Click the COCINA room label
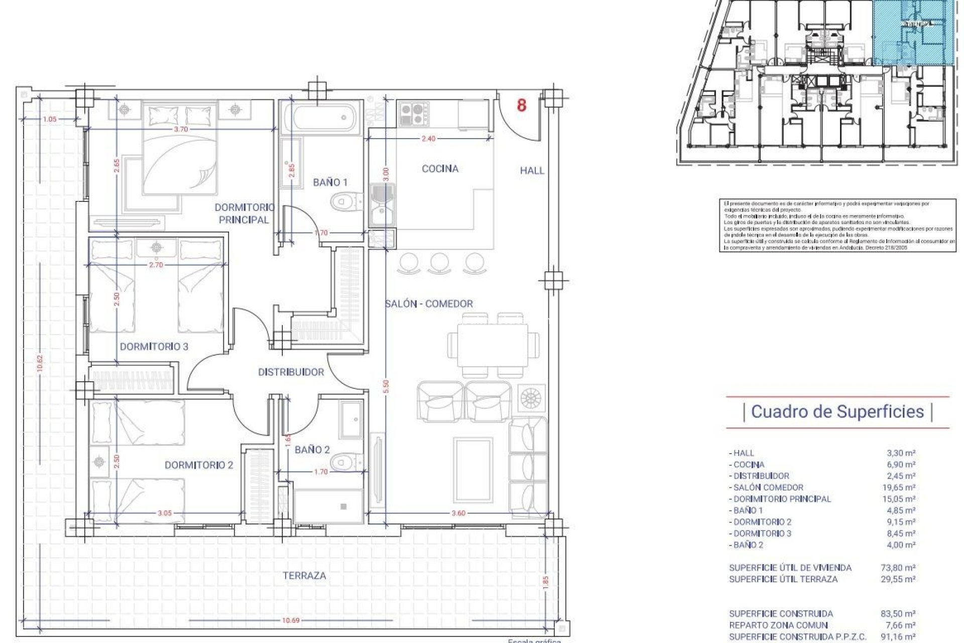click(440, 169)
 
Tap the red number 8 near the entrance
click(522, 105)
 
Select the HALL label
click(532, 171)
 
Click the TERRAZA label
click(304, 576)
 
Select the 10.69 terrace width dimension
click(290, 620)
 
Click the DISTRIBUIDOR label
click(291, 372)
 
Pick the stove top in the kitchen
click(414, 114)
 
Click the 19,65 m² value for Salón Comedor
click(901, 487)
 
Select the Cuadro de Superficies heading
click(837, 412)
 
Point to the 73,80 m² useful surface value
click(901, 568)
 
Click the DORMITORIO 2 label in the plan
click(199, 465)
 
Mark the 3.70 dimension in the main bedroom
click(181, 129)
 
